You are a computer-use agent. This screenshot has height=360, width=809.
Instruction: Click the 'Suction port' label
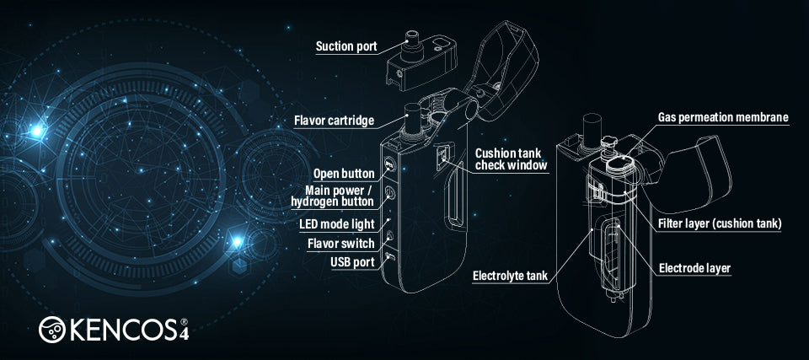pyautogui.click(x=346, y=46)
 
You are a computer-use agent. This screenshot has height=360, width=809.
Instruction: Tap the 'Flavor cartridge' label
pyautogui.click(x=334, y=121)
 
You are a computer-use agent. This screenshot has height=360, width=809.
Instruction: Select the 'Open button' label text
pyautogui.click(x=344, y=174)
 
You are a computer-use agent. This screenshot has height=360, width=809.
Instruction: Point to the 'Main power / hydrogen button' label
pyautogui.click(x=333, y=196)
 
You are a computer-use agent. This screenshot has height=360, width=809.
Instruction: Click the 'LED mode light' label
pyautogui.click(x=336, y=224)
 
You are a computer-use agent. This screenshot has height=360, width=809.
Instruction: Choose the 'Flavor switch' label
pyautogui.click(x=341, y=243)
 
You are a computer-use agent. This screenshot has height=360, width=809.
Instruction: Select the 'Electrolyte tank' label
pyautogui.click(x=511, y=275)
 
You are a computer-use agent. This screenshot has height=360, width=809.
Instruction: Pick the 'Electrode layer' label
pyautogui.click(x=695, y=268)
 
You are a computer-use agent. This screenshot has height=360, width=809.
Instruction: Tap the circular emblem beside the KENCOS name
pyautogui.click(x=52, y=330)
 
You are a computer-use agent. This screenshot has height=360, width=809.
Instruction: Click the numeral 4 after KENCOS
pyautogui.click(x=184, y=334)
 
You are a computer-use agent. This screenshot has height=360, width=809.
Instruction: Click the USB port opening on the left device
pyautogui.click(x=390, y=256)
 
